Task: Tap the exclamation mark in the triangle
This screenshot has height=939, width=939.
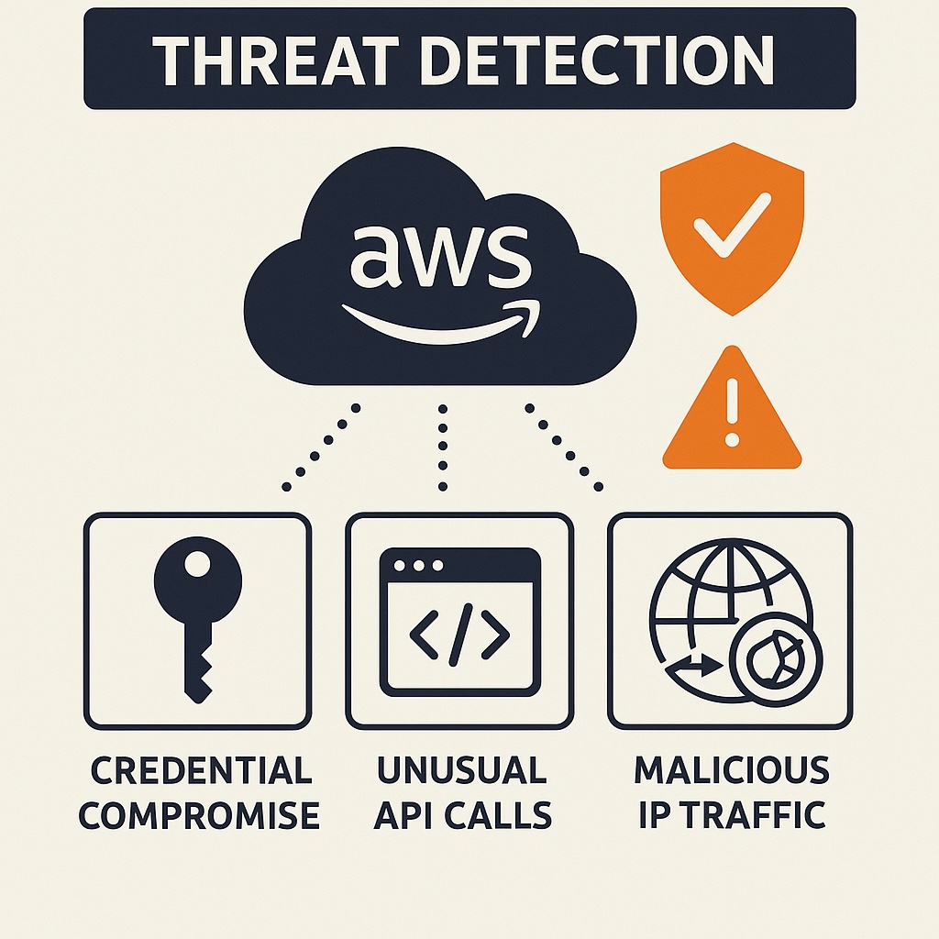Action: click(731, 413)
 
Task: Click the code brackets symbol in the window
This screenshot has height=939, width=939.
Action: click(458, 634)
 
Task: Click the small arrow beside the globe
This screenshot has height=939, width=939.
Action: click(697, 668)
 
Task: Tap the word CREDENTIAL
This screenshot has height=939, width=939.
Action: click(201, 771)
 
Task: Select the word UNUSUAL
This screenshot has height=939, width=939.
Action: click(461, 771)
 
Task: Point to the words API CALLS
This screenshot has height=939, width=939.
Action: click(461, 814)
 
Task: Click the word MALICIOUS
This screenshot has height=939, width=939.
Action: click(731, 771)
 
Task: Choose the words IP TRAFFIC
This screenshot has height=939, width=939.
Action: click(731, 814)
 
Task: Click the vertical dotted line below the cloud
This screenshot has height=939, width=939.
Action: click(443, 447)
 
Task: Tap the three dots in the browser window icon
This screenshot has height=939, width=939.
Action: click(410, 565)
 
